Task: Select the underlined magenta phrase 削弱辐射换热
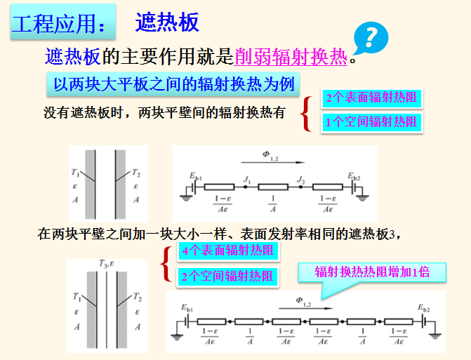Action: [291, 57]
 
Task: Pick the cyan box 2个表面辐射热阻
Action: [371, 98]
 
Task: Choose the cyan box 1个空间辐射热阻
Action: [371, 121]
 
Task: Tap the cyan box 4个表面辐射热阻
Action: [227, 251]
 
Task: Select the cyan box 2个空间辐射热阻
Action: [227, 276]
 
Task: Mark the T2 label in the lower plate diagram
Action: [138, 297]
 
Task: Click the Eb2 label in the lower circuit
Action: [425, 308]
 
